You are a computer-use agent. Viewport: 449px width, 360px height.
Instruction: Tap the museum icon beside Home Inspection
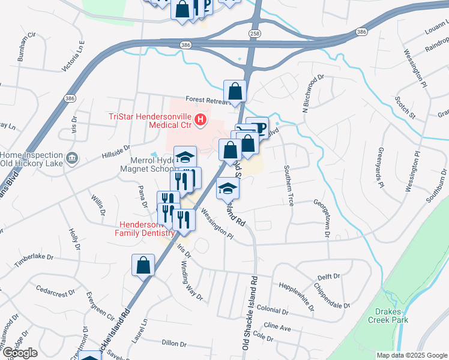click(x=72, y=158)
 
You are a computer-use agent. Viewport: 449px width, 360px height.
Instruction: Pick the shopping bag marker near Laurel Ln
click(x=143, y=266)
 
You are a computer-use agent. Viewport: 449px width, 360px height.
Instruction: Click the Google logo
click(x=20, y=353)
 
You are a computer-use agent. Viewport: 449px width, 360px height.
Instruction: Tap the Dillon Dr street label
click(x=175, y=343)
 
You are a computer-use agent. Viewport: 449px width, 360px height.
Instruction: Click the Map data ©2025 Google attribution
click(x=411, y=355)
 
